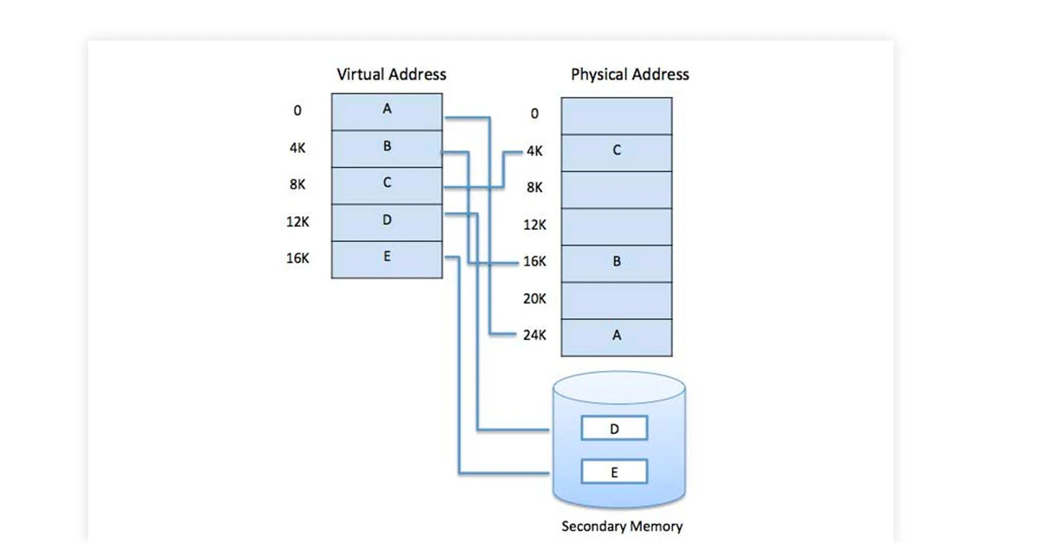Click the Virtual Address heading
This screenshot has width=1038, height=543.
point(391,74)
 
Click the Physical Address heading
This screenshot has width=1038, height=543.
point(630,74)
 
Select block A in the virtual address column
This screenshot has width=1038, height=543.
point(387,112)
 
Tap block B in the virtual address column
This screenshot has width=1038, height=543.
point(387,148)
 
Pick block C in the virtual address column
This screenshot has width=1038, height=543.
point(387,184)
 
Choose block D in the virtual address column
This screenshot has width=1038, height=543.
point(387,221)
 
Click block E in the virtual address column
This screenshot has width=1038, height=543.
point(387,258)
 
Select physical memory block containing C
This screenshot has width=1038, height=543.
point(616,151)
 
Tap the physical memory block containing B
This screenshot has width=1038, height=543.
point(616,262)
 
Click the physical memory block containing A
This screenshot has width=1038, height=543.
point(616,336)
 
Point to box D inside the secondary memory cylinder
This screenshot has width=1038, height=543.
point(614,428)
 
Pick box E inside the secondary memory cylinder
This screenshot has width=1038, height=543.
point(614,472)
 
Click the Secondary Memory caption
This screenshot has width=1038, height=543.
point(622,526)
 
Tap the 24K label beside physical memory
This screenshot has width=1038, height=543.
point(535,335)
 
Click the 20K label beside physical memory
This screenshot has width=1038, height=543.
point(535,298)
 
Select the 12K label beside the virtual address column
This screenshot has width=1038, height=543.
point(298,221)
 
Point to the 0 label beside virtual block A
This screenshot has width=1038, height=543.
point(298,112)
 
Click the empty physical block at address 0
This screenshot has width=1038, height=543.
point(616,115)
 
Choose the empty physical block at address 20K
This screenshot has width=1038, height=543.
point(616,299)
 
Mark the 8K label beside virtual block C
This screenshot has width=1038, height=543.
point(298,184)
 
